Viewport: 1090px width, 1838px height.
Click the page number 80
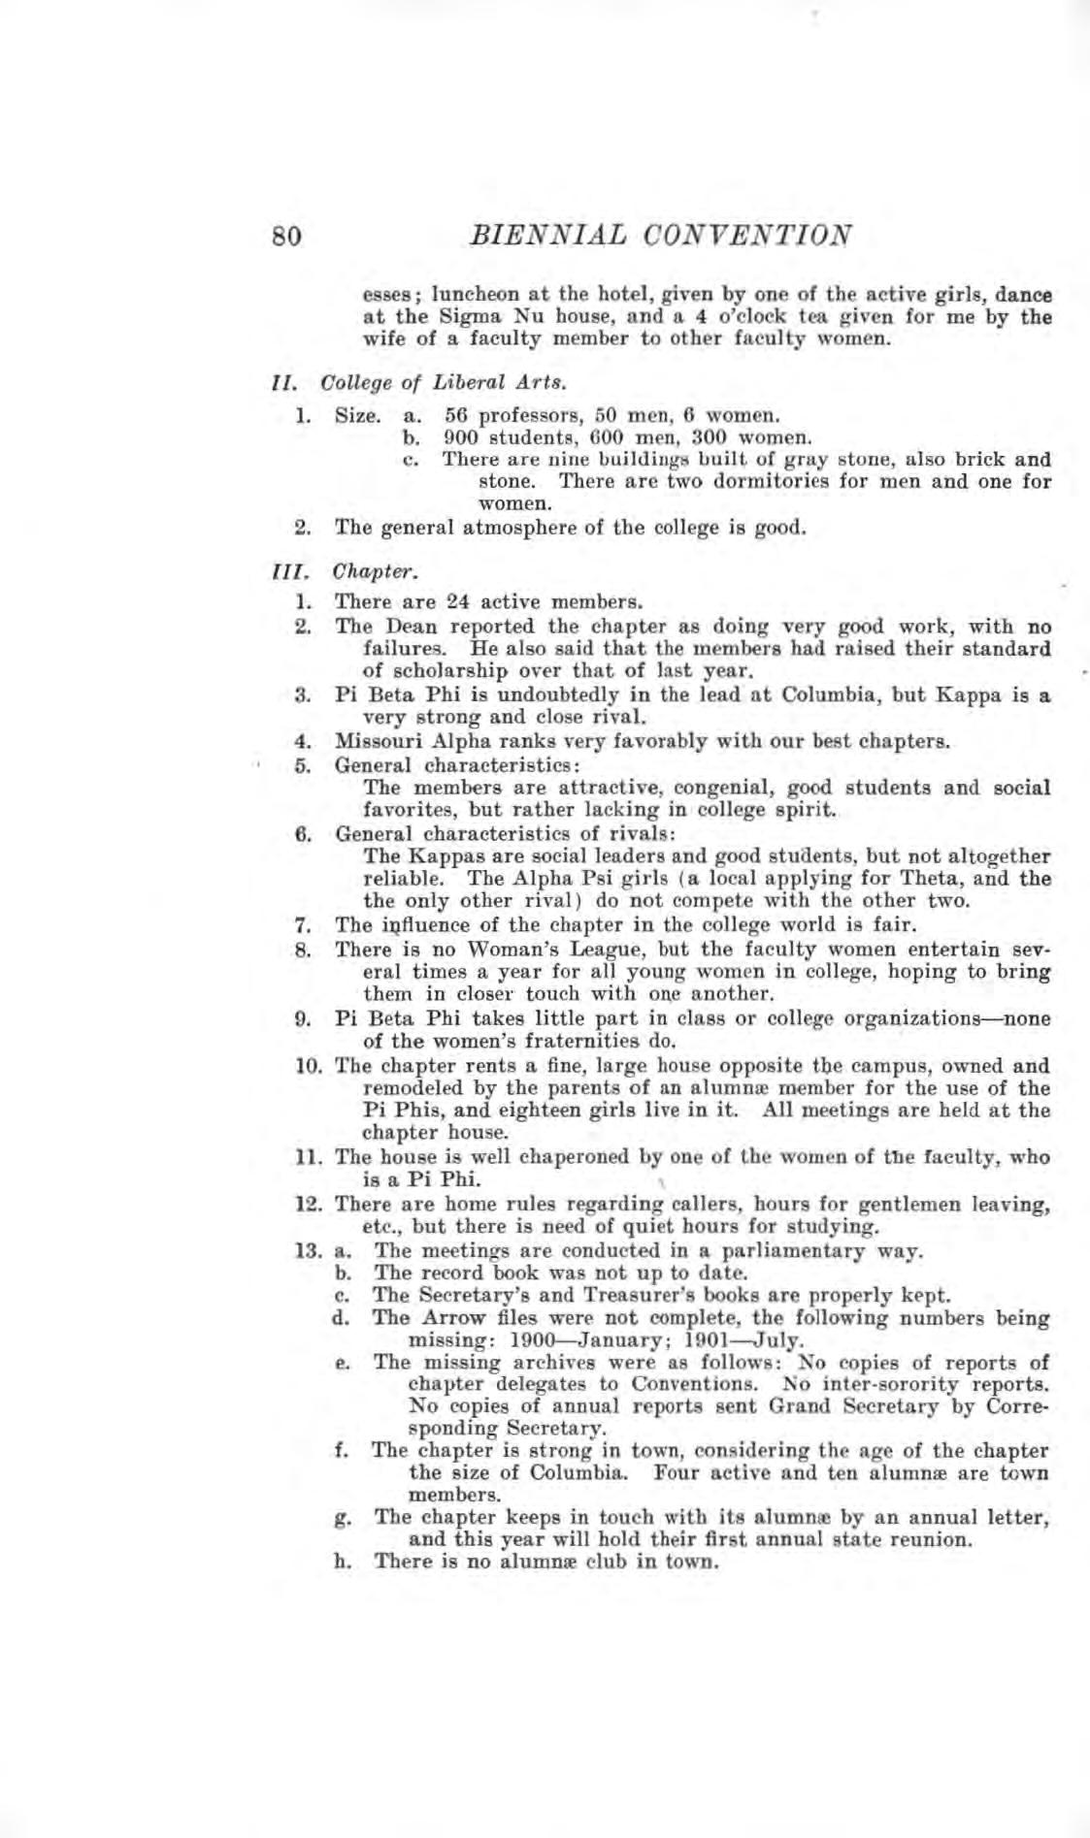point(288,237)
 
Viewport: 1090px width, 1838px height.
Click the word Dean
point(391,627)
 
